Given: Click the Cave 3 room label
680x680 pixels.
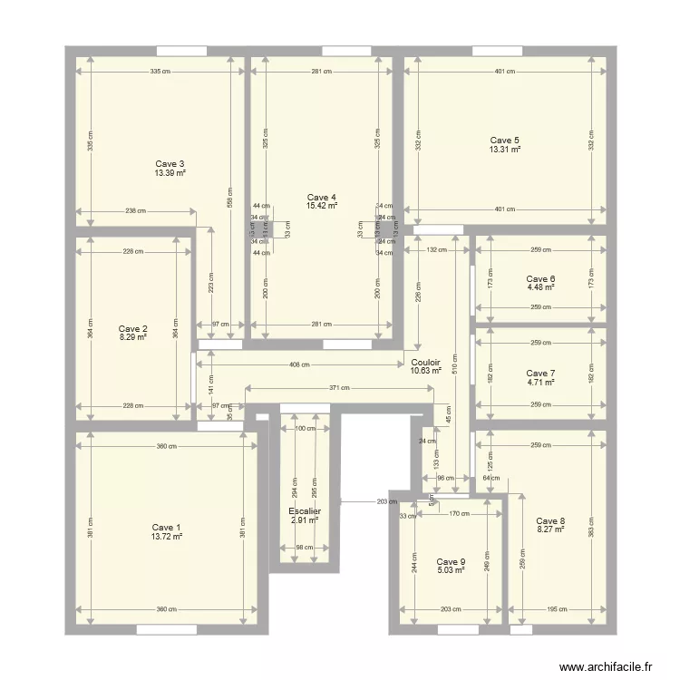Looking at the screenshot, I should tap(170, 164).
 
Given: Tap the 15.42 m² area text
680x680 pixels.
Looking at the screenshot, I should tap(322, 207).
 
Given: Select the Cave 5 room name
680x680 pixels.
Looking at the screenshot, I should tap(505, 141).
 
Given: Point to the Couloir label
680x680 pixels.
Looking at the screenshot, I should tap(425, 362).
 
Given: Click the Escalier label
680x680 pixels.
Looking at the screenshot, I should tap(305, 511).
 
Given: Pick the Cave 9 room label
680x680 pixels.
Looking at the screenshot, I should tap(451, 561).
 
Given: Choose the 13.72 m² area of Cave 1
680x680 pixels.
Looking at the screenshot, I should tap(167, 537).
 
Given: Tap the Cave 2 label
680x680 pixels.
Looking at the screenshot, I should tap(133, 329).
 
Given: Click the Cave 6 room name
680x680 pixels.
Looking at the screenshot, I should tap(540, 279).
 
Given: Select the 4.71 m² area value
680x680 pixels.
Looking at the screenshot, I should tap(540, 383).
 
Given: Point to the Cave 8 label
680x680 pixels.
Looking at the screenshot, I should tap(550, 520).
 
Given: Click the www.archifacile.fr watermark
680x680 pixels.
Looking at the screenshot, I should tap(606, 666).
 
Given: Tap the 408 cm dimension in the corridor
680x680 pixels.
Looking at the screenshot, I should tap(299, 365).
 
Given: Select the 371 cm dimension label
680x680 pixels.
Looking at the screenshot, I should tap(338, 388).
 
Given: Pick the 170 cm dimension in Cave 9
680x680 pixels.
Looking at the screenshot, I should tap(460, 514).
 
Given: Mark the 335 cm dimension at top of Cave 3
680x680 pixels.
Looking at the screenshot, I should tap(160, 72).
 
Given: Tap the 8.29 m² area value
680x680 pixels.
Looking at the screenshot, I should tap(133, 337).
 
